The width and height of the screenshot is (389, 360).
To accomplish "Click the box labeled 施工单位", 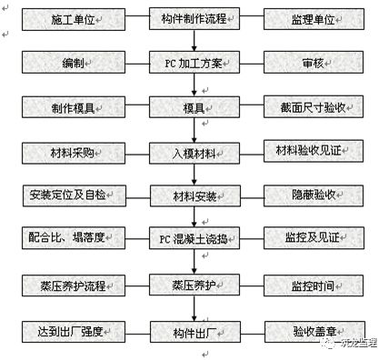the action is pyautogui.click(x=74, y=20).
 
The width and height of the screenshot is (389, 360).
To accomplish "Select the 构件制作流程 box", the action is pyautogui.click(x=194, y=19).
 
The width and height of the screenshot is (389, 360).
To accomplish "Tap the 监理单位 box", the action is pyautogui.click(x=314, y=19).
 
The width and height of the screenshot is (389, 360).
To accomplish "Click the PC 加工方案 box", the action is pyautogui.click(x=194, y=63).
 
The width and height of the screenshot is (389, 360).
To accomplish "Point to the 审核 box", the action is pyautogui.click(x=314, y=63).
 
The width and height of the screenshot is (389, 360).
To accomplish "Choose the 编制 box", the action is pyautogui.click(x=74, y=63).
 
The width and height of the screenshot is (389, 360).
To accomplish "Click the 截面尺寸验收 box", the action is pyautogui.click(x=314, y=107).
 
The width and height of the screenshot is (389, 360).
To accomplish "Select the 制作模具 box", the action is pyautogui.click(x=74, y=107).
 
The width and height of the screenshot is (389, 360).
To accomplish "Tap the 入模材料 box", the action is pyautogui.click(x=194, y=154).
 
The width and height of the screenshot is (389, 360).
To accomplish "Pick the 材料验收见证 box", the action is pyautogui.click(x=314, y=151).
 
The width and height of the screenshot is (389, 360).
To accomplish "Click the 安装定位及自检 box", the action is pyautogui.click(x=75, y=195).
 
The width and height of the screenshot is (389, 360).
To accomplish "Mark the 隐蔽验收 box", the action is pyautogui.click(x=314, y=195).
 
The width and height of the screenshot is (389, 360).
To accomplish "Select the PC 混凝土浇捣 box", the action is pyautogui.click(x=194, y=238).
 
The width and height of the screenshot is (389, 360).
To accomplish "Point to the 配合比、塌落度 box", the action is pyautogui.click(x=74, y=238).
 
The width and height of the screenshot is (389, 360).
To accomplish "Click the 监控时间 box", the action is pyautogui.click(x=314, y=285).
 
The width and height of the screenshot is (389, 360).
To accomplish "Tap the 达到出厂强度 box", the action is pyautogui.click(x=74, y=332).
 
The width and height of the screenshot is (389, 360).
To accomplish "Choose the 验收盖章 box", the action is pyautogui.click(x=314, y=332).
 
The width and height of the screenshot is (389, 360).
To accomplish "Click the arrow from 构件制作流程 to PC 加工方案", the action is pyautogui.click(x=194, y=41).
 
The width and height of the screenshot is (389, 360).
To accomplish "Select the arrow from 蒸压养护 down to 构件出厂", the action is pyautogui.click(x=194, y=308).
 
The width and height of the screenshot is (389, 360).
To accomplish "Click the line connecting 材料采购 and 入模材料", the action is pyautogui.click(x=137, y=155).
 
